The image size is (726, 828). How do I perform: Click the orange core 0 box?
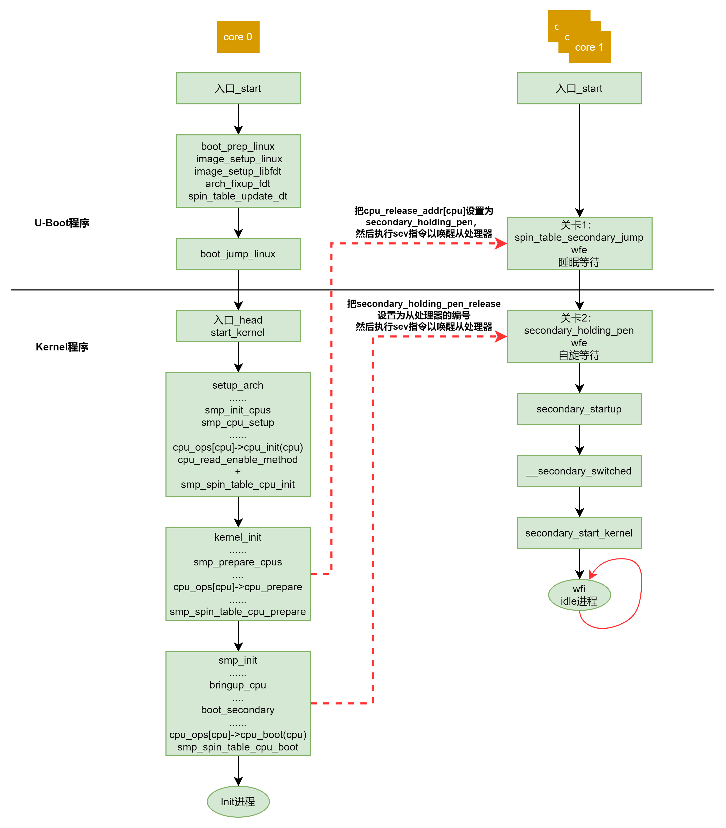(238, 37)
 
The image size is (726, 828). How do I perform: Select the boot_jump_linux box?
(238, 254)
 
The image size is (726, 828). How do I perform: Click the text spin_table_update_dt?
(238, 196)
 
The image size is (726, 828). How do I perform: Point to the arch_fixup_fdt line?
(238, 184)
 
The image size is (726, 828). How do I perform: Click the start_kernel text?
(238, 333)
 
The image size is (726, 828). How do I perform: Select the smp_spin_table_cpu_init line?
(238, 485)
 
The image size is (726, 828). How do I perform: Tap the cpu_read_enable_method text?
(238, 460)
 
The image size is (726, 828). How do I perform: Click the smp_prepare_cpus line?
(238, 562)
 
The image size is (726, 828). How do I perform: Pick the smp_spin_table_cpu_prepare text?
(238, 612)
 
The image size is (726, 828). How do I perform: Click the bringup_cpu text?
(238, 685)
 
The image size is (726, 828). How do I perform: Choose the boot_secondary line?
(238, 710)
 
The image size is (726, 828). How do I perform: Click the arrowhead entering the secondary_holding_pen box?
(502, 336)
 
